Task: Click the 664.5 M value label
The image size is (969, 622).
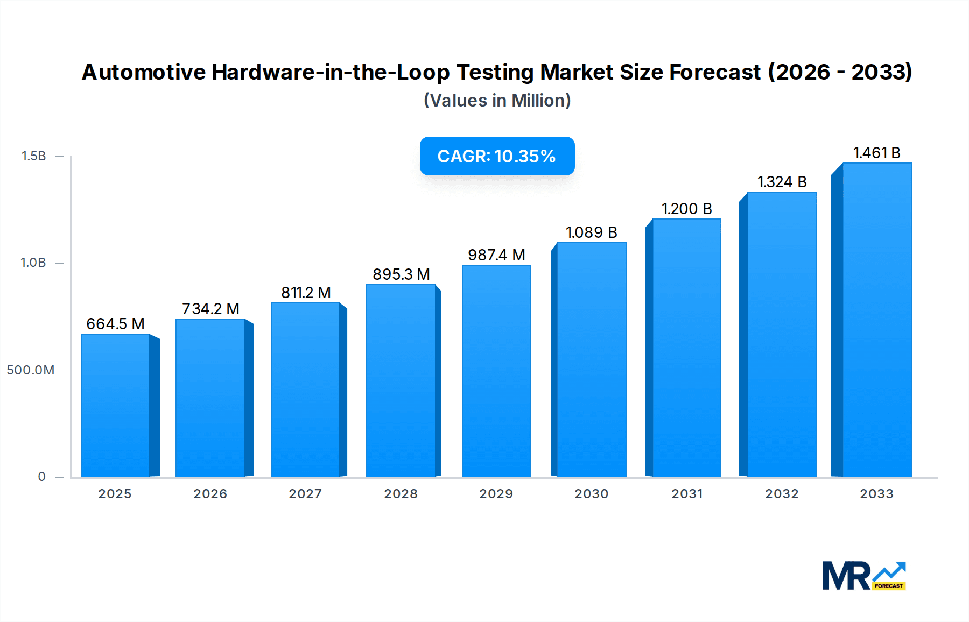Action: (x=115, y=324)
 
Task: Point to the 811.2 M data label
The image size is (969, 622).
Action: (x=306, y=293)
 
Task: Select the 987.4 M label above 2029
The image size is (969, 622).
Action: (x=496, y=255)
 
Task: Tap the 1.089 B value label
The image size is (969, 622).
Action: (x=591, y=232)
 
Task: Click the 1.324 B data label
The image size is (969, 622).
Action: (x=782, y=182)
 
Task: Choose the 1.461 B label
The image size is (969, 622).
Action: (x=876, y=153)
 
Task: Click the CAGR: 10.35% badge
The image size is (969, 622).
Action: (x=497, y=156)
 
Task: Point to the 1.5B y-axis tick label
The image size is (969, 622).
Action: (x=33, y=156)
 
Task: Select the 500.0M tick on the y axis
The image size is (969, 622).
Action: (x=31, y=370)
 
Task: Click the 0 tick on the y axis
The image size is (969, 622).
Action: (x=42, y=477)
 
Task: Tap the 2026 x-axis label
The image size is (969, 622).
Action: (x=210, y=494)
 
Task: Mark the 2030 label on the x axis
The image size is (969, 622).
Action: (x=591, y=494)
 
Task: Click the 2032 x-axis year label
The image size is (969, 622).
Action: (x=782, y=494)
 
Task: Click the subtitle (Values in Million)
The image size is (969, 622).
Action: (x=497, y=101)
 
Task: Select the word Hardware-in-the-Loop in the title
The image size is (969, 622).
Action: (x=331, y=72)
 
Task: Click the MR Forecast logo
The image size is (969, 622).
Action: (x=863, y=576)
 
